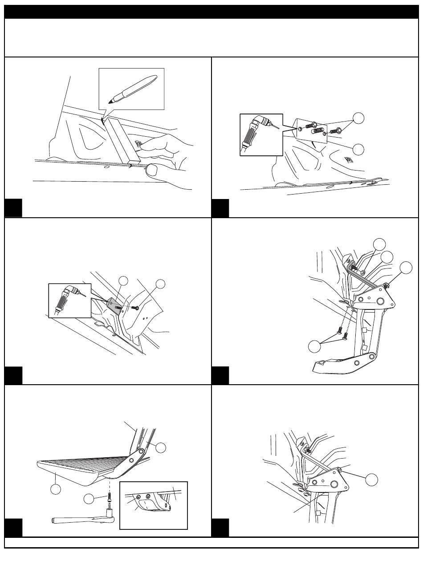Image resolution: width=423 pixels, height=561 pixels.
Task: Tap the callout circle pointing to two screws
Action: pyautogui.click(x=316, y=348)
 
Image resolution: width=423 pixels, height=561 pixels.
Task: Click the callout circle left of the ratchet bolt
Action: pyautogui.click(x=89, y=500)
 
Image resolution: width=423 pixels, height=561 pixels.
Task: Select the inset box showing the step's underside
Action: pyautogui.click(x=154, y=505)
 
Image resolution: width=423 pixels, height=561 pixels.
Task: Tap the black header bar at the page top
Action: pyautogui.click(x=211, y=12)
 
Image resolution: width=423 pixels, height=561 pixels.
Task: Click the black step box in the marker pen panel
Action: pyautogui.click(x=13, y=208)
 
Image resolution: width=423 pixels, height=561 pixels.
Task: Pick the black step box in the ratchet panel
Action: pyautogui.click(x=13, y=528)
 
